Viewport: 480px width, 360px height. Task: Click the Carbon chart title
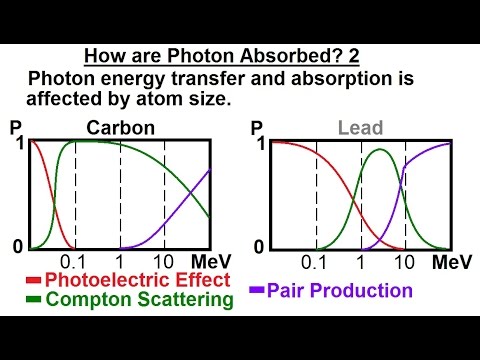coord(121,128)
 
